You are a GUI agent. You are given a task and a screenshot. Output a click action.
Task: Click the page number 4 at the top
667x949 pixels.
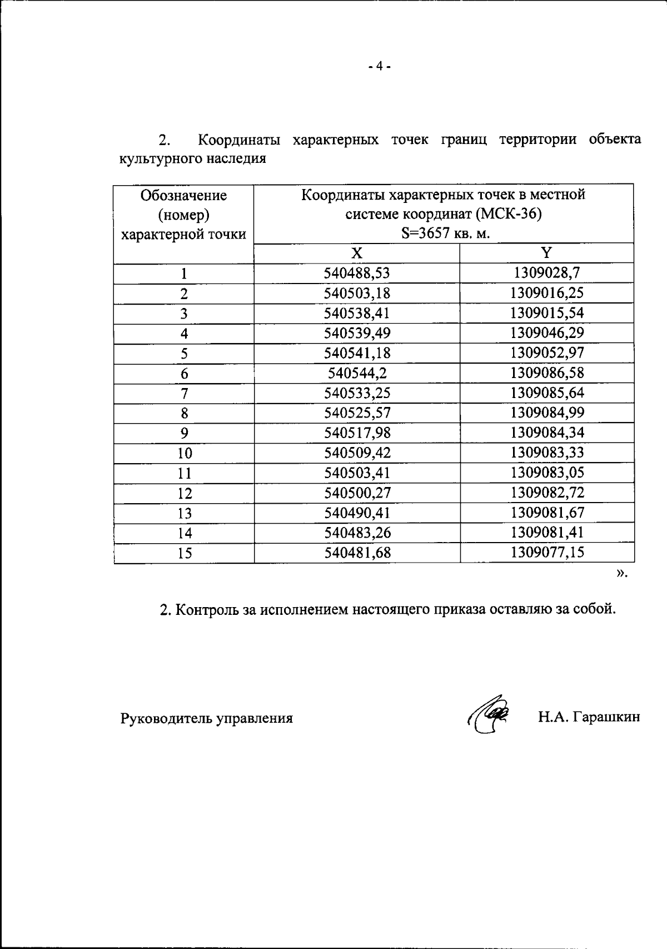pyautogui.click(x=380, y=67)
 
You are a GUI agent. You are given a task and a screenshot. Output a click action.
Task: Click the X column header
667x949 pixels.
pyautogui.click(x=357, y=254)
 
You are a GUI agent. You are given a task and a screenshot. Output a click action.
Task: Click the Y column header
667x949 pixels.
pyautogui.click(x=547, y=253)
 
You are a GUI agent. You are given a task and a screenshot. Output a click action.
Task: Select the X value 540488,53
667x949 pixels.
pyautogui.click(x=357, y=274)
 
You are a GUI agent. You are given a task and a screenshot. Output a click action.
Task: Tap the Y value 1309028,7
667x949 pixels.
pyautogui.click(x=547, y=273)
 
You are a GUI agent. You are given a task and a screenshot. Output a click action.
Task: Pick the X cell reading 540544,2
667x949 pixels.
pyautogui.click(x=357, y=374)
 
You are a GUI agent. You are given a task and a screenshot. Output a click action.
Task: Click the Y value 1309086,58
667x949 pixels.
pyautogui.click(x=547, y=373)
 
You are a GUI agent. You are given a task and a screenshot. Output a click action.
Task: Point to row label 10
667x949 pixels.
pyautogui.click(x=185, y=454)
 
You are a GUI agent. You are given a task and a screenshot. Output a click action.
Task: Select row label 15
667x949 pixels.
pyautogui.click(x=185, y=554)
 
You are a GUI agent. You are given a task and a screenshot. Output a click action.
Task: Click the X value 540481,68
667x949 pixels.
pyautogui.click(x=357, y=553)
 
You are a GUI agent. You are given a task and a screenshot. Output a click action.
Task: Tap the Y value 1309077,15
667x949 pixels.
pyautogui.click(x=547, y=553)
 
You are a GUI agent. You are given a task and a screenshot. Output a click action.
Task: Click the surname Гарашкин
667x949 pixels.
pyautogui.click(x=606, y=717)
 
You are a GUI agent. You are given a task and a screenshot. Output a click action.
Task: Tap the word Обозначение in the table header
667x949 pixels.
pyautogui.click(x=183, y=196)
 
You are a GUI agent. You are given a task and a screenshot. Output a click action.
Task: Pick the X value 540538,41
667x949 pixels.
pyautogui.click(x=357, y=314)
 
